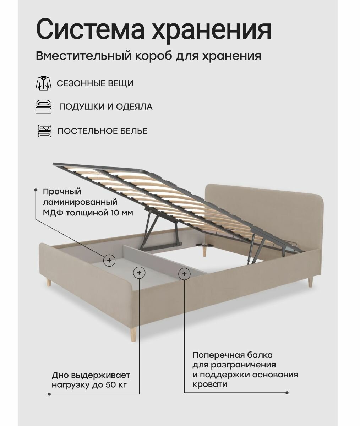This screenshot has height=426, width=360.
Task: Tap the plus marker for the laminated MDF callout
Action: coord(109,260)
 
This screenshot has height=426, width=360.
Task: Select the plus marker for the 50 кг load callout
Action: coord(139,273)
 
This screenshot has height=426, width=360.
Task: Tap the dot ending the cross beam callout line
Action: coord(287,393)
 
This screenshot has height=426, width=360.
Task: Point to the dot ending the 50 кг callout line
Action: coord(48,394)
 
